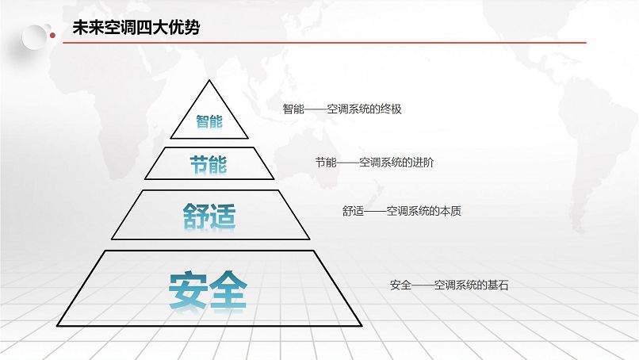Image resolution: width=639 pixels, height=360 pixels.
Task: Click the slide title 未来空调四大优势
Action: (x=136, y=28)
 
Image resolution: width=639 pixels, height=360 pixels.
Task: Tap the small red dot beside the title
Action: (x=52, y=36)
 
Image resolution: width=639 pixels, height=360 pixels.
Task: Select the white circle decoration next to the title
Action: (x=34, y=37)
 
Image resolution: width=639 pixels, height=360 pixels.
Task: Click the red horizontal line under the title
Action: (x=324, y=42)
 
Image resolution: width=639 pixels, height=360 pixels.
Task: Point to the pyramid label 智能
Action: (x=209, y=121)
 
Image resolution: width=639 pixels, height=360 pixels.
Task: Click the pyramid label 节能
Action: (x=209, y=165)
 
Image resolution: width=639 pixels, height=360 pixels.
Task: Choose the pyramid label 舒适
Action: (x=209, y=216)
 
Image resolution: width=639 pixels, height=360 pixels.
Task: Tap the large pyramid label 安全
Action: (x=208, y=290)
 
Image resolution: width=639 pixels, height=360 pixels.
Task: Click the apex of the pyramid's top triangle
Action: (x=209, y=80)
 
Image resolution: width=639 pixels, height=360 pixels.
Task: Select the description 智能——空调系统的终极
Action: (x=342, y=109)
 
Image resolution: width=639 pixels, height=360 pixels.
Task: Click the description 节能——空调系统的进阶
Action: (x=374, y=163)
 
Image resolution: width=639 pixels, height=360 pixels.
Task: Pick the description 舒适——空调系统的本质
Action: (x=402, y=211)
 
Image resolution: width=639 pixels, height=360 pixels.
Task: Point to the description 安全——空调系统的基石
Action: (x=449, y=285)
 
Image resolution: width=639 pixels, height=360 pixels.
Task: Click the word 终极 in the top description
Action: (x=391, y=109)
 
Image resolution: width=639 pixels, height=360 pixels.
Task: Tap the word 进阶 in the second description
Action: (x=423, y=163)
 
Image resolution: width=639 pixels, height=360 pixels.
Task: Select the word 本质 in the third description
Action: (x=451, y=211)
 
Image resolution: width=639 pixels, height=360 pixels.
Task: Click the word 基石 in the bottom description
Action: (x=498, y=285)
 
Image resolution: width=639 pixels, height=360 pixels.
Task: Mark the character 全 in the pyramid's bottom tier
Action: (x=228, y=290)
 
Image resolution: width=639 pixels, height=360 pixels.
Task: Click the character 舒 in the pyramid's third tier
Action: (x=196, y=216)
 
